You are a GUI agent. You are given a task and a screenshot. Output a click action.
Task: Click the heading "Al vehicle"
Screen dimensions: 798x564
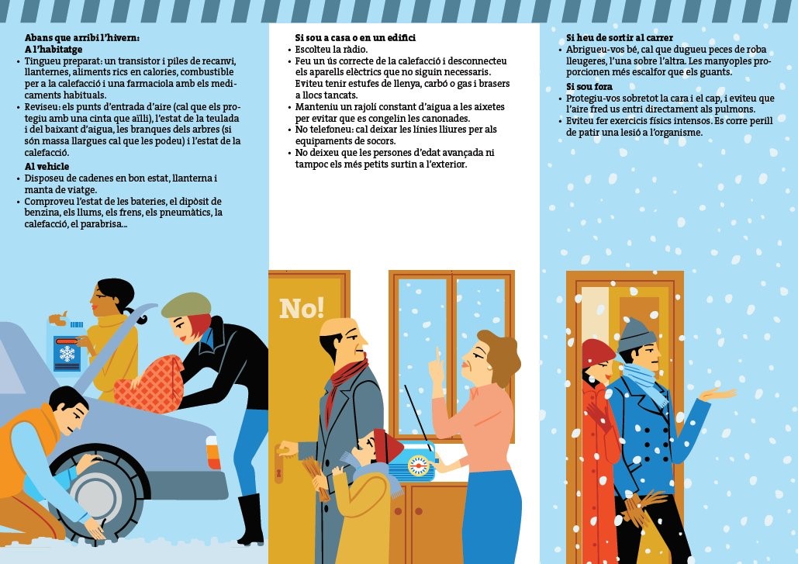[x=47, y=167]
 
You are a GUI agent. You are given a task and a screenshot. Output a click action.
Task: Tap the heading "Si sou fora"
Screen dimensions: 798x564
[x=589, y=87]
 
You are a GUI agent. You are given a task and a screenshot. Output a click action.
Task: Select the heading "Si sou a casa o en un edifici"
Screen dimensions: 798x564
[x=355, y=38]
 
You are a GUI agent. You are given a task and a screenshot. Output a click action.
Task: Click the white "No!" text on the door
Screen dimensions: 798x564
[x=302, y=309]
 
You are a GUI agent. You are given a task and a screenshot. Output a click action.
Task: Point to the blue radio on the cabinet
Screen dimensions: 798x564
[x=413, y=462]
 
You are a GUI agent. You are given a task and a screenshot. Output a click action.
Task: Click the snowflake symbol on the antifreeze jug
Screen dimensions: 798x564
[x=67, y=354]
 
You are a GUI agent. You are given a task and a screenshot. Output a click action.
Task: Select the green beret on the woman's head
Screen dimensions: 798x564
[x=187, y=305]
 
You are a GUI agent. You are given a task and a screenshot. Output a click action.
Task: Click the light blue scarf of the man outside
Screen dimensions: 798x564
[x=644, y=382]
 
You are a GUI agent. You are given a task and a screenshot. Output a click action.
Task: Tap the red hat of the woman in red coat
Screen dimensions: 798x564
[x=597, y=352]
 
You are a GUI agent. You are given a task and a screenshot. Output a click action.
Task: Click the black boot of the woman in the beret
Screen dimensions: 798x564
[x=250, y=519]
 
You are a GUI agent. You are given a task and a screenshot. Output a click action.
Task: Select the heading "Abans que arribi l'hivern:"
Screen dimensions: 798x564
[x=82, y=38]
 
